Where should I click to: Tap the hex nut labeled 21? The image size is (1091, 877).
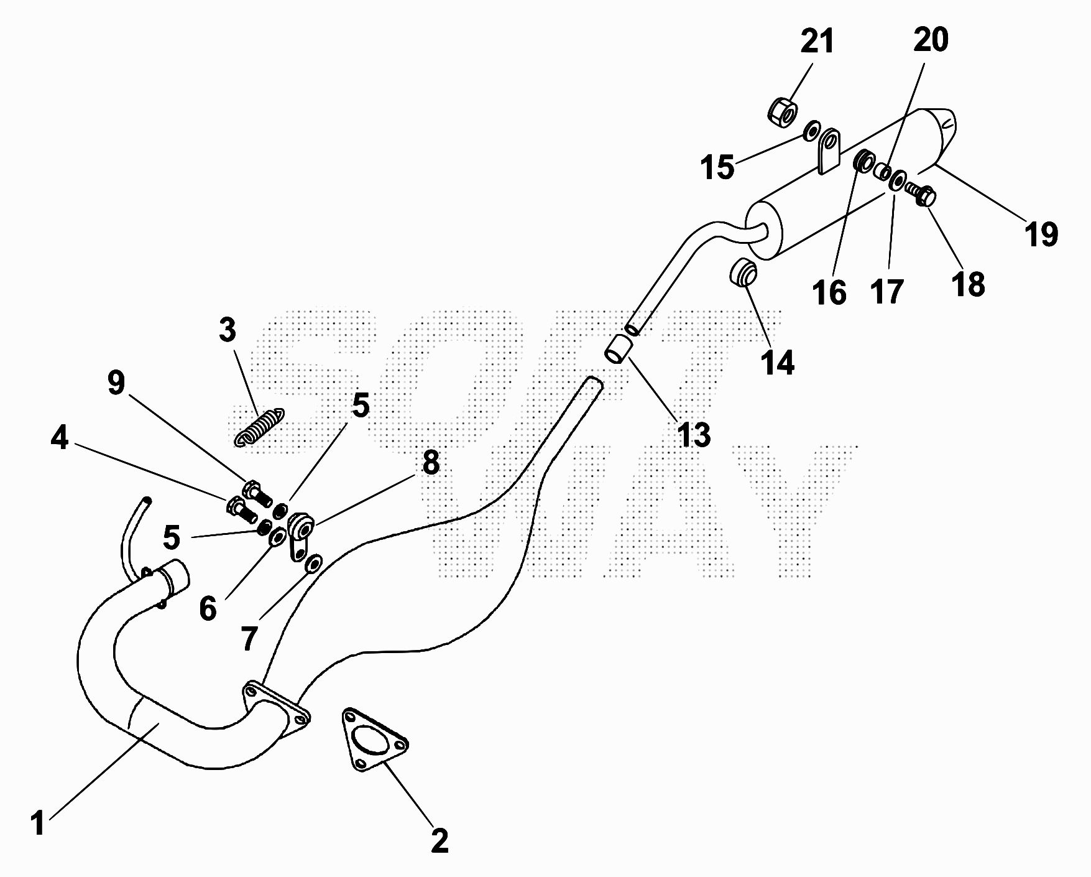coord(781,112)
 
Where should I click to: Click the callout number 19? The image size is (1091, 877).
coord(1041,234)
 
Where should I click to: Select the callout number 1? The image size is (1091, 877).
coord(39,822)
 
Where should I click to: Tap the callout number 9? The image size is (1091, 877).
coord(116,383)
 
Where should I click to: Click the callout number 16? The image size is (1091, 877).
coord(829,292)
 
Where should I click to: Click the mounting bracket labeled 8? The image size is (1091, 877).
coord(301,532)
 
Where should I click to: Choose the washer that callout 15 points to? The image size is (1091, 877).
coord(811,132)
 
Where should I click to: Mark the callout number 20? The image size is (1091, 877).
coord(931,39)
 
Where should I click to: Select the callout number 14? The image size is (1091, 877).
coord(777,362)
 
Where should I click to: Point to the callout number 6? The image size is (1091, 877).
coord(208,608)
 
